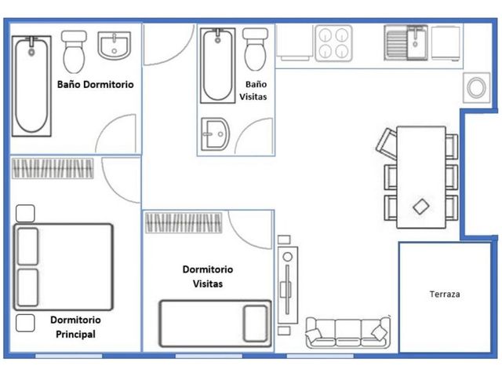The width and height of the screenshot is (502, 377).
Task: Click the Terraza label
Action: [445, 294]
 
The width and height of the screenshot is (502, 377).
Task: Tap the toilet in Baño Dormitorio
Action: [74, 52]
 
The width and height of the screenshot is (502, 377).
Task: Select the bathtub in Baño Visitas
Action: [218, 65]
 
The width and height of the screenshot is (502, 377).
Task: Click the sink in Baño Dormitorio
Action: [115, 46]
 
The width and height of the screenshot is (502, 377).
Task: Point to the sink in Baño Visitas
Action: [215, 134]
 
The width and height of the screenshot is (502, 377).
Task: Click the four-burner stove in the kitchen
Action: [333, 43]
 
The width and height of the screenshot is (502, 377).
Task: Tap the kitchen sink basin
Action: [417, 43]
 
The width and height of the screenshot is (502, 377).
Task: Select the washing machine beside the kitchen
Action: [476, 87]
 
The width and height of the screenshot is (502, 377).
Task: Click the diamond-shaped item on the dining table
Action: [421, 207]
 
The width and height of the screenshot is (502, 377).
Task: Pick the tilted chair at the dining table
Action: [387, 144]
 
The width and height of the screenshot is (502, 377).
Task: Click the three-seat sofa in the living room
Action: [348, 333]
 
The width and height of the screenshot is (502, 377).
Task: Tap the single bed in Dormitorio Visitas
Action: [216, 324]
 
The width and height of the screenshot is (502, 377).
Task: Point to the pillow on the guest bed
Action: [255, 324]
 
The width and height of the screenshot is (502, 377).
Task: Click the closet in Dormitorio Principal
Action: [53, 168]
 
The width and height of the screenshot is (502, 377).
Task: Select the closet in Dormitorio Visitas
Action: [184, 223]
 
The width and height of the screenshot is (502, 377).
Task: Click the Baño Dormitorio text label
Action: [96, 84]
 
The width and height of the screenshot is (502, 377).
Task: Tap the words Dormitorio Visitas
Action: [208, 276]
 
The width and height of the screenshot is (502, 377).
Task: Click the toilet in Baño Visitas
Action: [255, 49]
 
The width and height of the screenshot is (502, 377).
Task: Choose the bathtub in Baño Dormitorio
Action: [31, 86]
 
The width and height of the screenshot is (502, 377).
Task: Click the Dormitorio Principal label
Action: [75, 327]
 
